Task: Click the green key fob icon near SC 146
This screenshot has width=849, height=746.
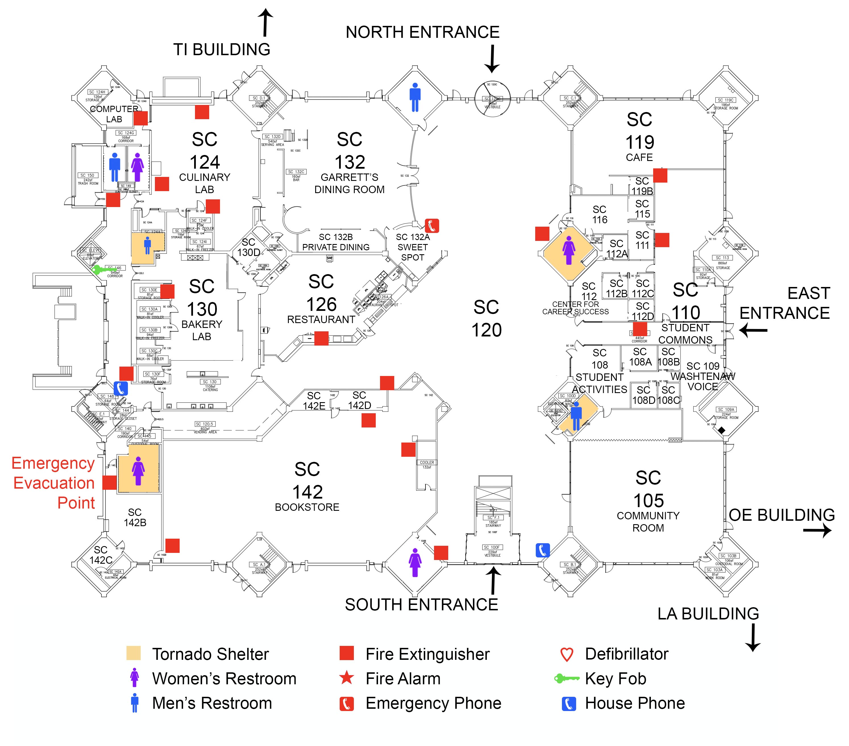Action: (x=100, y=270)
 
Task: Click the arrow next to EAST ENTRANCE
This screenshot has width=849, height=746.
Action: (x=753, y=331)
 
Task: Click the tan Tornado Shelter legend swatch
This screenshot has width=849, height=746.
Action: (x=133, y=653)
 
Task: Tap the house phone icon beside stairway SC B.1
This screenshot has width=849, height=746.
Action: (x=543, y=550)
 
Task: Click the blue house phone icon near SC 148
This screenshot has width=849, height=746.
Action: (x=121, y=388)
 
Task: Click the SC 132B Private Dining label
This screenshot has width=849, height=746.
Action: (x=336, y=242)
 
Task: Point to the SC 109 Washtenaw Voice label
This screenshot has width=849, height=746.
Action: (x=703, y=376)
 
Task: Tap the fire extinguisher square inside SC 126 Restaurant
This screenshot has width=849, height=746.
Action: (x=321, y=338)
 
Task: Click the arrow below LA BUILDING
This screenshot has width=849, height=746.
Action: (x=752, y=637)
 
